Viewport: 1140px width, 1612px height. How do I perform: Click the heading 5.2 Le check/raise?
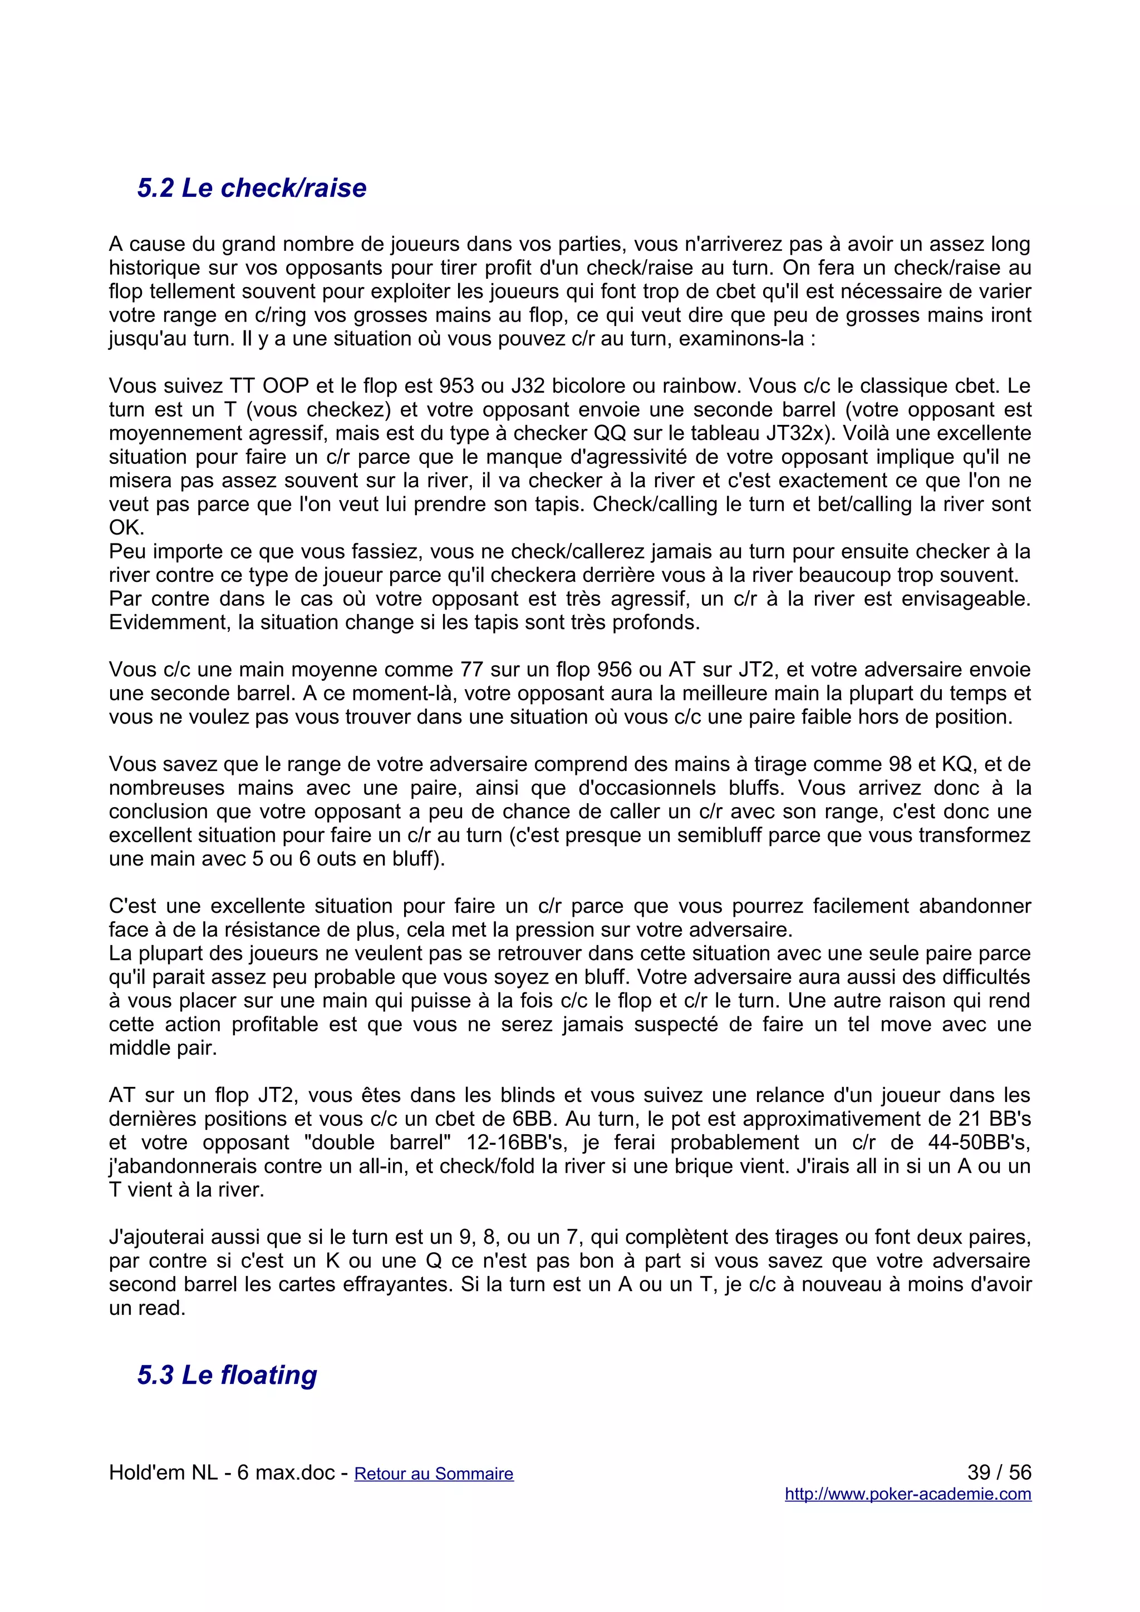point(252,187)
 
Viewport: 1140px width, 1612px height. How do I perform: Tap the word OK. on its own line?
point(126,528)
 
